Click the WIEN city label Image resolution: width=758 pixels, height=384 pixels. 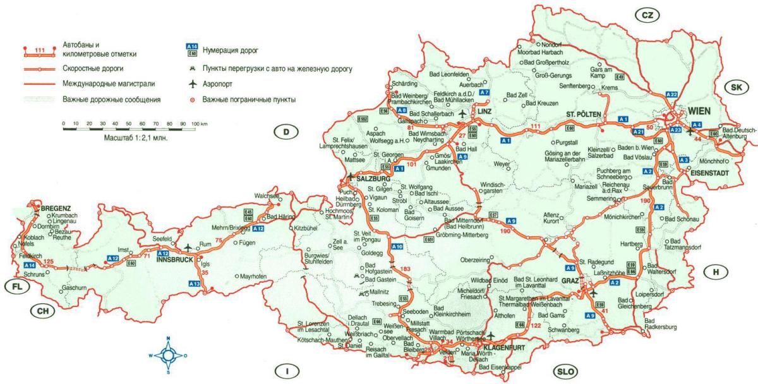click(x=701, y=111)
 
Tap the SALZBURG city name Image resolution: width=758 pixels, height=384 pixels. click(x=374, y=179)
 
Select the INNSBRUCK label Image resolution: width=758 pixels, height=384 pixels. click(x=174, y=258)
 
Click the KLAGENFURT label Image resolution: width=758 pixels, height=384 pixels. click(x=505, y=348)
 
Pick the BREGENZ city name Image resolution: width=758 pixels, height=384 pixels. click(x=56, y=208)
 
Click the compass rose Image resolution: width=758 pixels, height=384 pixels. click(x=169, y=355)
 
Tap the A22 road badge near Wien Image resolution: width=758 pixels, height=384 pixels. click(x=672, y=95)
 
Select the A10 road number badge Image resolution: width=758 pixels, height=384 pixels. click(x=397, y=246)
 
